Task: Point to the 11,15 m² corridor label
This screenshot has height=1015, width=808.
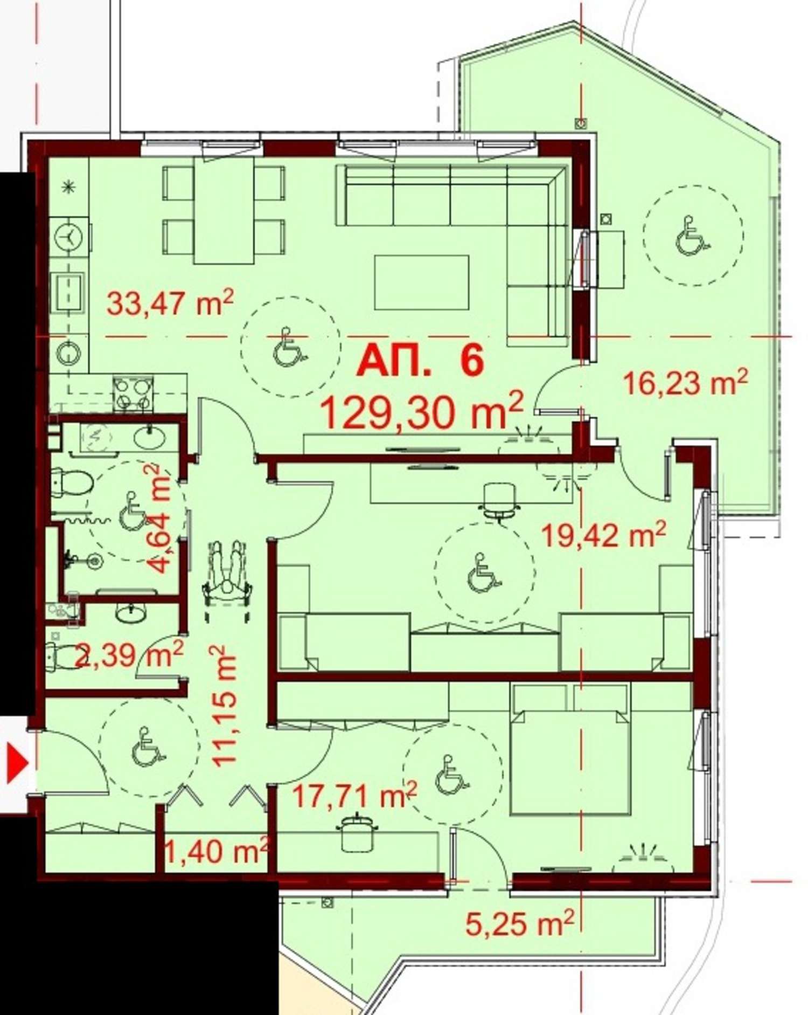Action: [x=224, y=706]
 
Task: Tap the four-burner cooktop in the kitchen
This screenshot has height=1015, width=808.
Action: [x=133, y=393]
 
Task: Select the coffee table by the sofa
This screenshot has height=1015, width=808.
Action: [x=421, y=282]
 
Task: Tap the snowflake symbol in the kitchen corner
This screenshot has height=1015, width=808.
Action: [x=68, y=187]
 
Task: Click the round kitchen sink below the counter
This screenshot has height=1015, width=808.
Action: [x=69, y=354]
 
